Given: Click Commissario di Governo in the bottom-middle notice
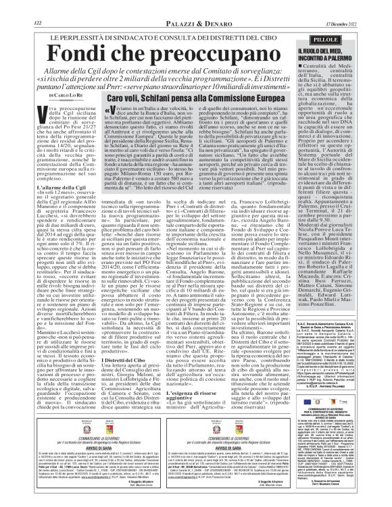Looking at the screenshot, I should point(218,432).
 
